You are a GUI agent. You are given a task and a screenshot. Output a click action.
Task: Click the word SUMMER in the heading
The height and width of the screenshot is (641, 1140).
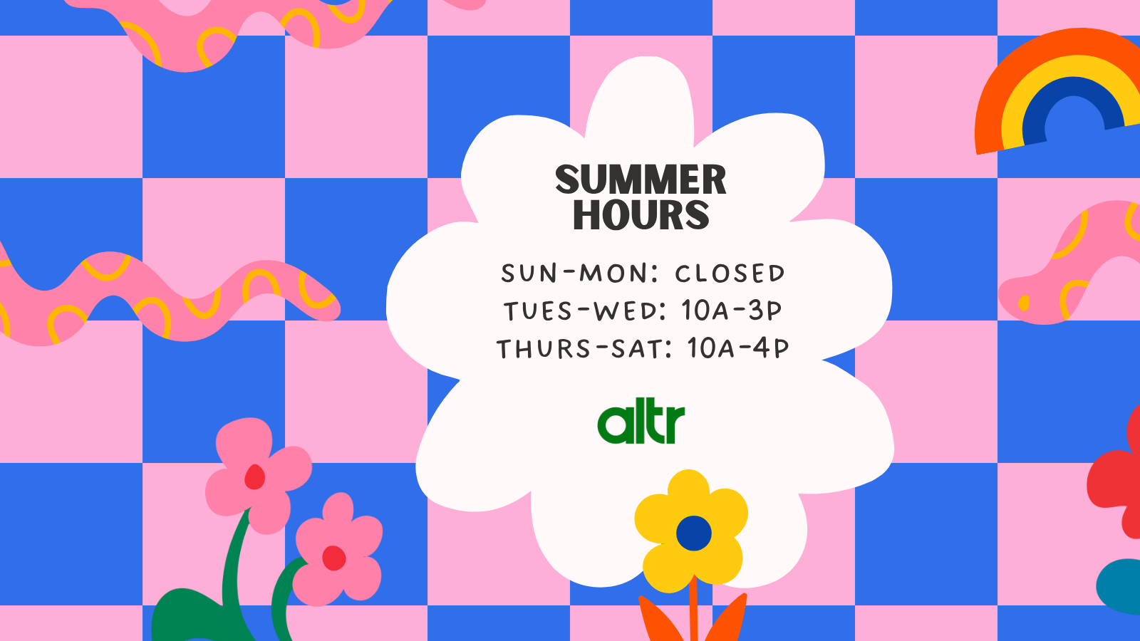pyautogui.click(x=641, y=179)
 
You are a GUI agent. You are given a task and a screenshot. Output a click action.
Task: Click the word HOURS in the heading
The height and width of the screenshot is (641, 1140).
pyautogui.click(x=641, y=214)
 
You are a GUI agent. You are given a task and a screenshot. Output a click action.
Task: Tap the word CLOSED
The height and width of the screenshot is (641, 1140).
pyautogui.click(x=730, y=273)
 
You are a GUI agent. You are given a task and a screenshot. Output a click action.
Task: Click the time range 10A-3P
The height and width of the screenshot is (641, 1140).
pyautogui.click(x=731, y=310)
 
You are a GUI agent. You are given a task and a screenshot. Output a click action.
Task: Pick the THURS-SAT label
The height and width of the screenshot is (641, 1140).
pyautogui.click(x=578, y=348)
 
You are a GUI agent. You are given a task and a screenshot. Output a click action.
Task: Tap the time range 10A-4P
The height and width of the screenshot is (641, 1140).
pyautogui.click(x=738, y=348)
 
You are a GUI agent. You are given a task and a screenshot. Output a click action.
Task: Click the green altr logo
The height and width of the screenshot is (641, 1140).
pyautogui.click(x=641, y=424)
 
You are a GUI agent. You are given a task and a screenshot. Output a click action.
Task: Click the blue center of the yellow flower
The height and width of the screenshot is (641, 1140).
pyautogui.click(x=694, y=533)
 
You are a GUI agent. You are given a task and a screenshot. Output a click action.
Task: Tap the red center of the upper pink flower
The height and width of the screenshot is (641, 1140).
pyautogui.click(x=255, y=477)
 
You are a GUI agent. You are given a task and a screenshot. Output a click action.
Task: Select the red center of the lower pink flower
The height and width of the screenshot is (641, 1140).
pyautogui.click(x=334, y=558)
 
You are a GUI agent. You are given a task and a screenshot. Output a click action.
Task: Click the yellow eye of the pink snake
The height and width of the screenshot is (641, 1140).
pyautogui.click(x=1023, y=303)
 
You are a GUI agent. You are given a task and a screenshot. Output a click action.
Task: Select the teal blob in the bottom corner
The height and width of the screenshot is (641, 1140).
pyautogui.click(x=1119, y=588)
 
